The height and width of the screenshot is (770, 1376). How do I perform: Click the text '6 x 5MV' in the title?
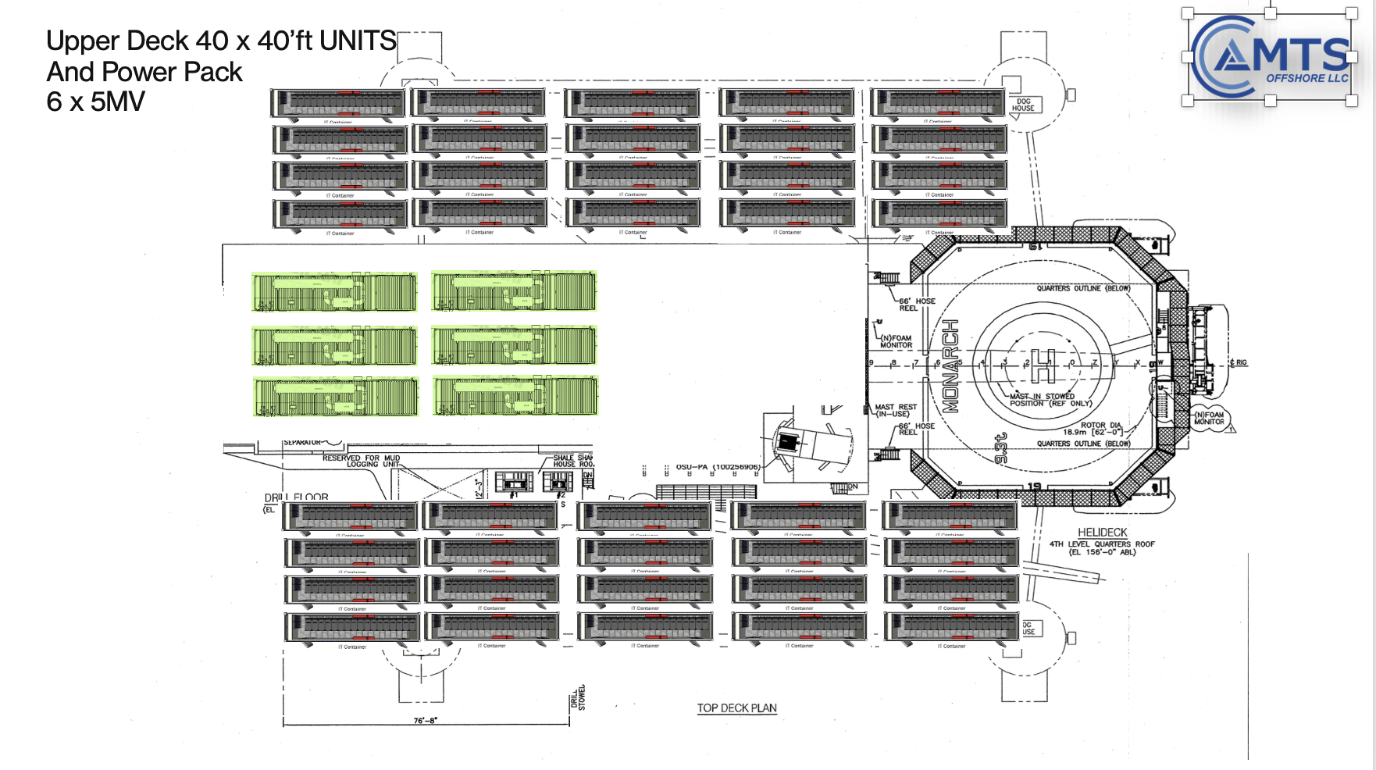point(95,102)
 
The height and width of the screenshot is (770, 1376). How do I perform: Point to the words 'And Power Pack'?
point(144,72)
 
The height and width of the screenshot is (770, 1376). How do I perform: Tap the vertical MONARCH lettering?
point(950,365)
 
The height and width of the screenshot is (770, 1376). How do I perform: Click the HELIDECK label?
point(1102,533)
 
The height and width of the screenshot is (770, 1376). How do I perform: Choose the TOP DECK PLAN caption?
point(736,708)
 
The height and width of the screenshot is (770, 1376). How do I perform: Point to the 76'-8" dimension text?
point(426,721)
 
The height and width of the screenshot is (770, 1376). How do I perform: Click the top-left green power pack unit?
point(334,291)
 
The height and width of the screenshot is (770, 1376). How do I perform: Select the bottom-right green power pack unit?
point(515,396)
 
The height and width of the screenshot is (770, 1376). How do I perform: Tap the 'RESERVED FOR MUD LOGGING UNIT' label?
point(362,461)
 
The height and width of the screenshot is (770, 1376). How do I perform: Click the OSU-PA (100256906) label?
point(718,467)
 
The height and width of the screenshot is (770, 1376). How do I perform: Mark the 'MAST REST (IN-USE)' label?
point(896,410)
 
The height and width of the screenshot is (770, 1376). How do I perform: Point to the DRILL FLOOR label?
point(296,497)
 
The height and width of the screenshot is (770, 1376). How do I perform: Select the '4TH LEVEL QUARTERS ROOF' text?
point(1102,547)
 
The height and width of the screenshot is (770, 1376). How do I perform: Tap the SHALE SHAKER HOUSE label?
point(572,461)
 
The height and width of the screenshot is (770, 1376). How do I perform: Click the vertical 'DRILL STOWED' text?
point(578,697)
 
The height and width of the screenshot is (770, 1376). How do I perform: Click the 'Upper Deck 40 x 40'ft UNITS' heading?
point(222,41)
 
